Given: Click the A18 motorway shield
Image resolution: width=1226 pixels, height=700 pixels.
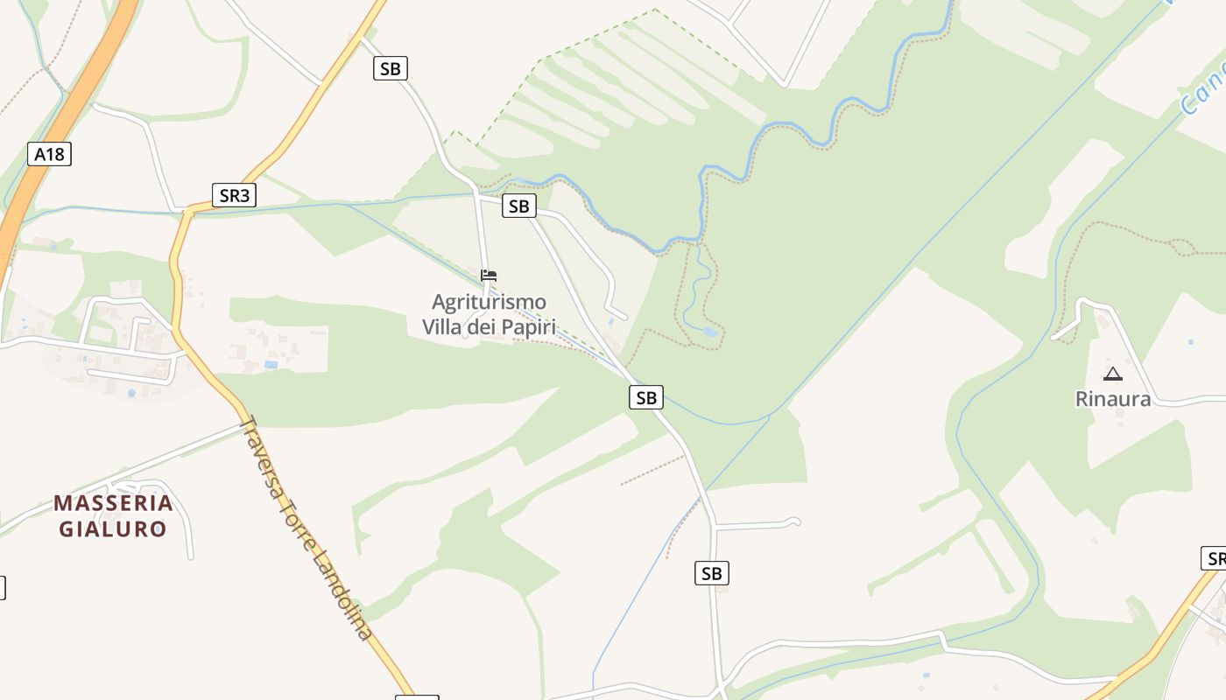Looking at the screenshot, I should (49, 155).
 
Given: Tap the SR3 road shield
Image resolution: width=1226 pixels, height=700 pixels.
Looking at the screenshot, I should (234, 195).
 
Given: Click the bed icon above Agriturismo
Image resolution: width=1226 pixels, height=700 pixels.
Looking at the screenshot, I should (489, 276).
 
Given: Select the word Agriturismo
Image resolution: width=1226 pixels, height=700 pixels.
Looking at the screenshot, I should (489, 303).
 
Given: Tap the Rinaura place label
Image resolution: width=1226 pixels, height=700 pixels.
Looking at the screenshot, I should (1112, 399).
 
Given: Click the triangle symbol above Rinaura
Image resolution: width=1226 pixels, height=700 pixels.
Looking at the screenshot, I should (1112, 374).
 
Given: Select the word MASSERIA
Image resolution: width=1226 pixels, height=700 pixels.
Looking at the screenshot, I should (113, 503).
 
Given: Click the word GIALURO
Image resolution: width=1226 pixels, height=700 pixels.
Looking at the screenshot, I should (113, 529).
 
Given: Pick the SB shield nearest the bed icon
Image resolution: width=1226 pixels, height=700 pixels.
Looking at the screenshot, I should (518, 206).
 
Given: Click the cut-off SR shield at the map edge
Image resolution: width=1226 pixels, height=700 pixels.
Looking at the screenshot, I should (1214, 558).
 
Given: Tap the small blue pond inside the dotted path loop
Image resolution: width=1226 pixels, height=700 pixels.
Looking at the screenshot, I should (709, 332).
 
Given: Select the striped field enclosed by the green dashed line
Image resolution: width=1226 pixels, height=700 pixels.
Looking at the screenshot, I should (613, 87).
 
